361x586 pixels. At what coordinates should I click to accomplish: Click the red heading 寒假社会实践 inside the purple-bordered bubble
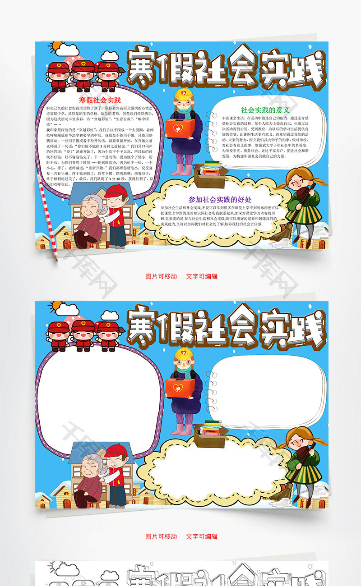point(100,100)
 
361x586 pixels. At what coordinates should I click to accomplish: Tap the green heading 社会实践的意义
point(265,110)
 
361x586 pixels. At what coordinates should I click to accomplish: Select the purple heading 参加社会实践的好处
point(220,199)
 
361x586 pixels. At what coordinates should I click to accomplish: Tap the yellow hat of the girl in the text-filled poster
point(183,95)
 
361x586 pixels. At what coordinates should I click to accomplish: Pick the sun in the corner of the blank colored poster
point(56,307)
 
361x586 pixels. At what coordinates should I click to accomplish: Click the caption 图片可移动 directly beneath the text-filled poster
point(161,276)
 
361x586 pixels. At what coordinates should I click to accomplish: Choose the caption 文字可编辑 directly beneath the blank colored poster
point(202,536)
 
